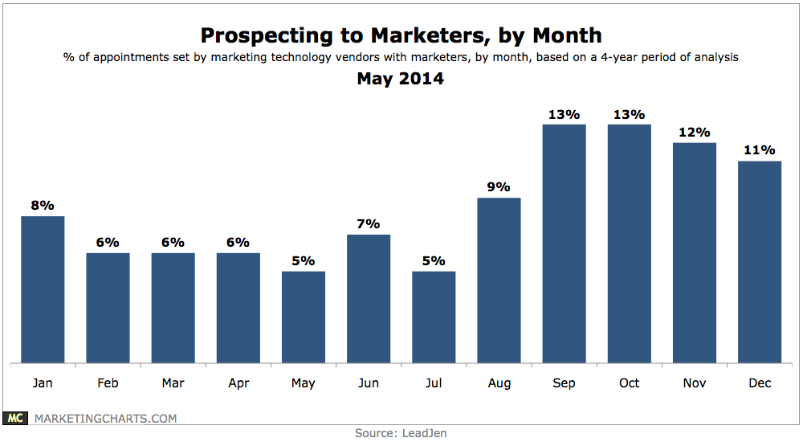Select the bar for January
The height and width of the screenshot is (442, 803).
[x=43, y=289]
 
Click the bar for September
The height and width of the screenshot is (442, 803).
[x=564, y=244]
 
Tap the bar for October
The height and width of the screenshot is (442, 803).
[x=629, y=244]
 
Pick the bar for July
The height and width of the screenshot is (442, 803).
[x=434, y=317]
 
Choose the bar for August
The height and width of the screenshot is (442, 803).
[x=499, y=280]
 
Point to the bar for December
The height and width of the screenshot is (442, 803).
[x=759, y=262]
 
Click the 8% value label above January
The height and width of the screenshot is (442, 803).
[x=43, y=206]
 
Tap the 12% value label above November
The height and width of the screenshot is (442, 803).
[x=694, y=133]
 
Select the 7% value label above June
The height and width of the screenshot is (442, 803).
[x=369, y=224]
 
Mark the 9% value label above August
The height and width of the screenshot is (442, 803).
[x=499, y=187]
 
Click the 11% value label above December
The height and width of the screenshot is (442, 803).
[x=759, y=150]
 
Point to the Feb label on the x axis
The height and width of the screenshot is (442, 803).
[x=108, y=383]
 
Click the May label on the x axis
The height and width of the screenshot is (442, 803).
[x=304, y=383]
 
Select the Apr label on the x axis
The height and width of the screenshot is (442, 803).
[x=238, y=383]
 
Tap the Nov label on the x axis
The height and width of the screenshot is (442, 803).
[x=694, y=383]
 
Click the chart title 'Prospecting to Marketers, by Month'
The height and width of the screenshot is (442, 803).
[x=401, y=35]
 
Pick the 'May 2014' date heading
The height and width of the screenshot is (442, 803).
[x=401, y=79]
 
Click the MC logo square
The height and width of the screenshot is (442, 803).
[x=15, y=418]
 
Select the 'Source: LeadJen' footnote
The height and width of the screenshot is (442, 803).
[x=401, y=433]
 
